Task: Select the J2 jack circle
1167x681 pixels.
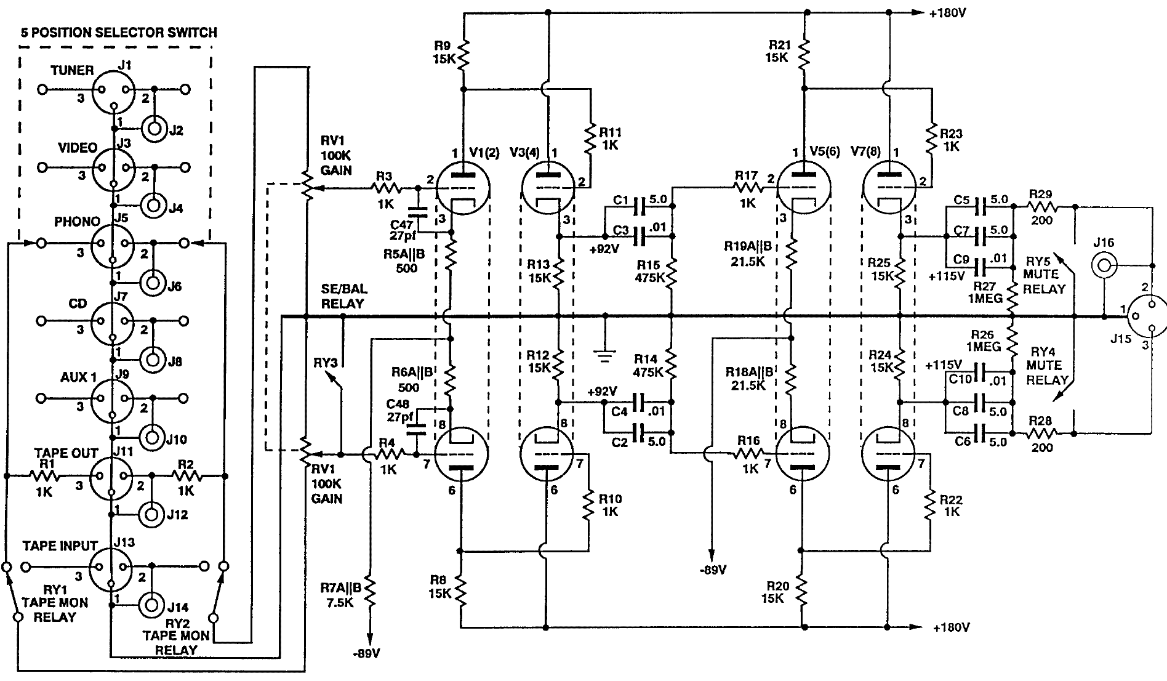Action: [154, 130]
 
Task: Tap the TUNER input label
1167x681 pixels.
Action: [72, 70]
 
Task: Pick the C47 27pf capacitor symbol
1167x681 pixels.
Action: [418, 211]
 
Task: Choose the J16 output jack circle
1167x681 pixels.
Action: [1103, 266]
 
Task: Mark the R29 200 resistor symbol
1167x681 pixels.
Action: [1041, 207]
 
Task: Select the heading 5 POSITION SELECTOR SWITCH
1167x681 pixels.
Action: [119, 33]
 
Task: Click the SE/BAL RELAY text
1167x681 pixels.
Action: [342, 296]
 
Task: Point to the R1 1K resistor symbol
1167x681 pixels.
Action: [44, 476]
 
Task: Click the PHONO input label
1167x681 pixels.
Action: [77, 222]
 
